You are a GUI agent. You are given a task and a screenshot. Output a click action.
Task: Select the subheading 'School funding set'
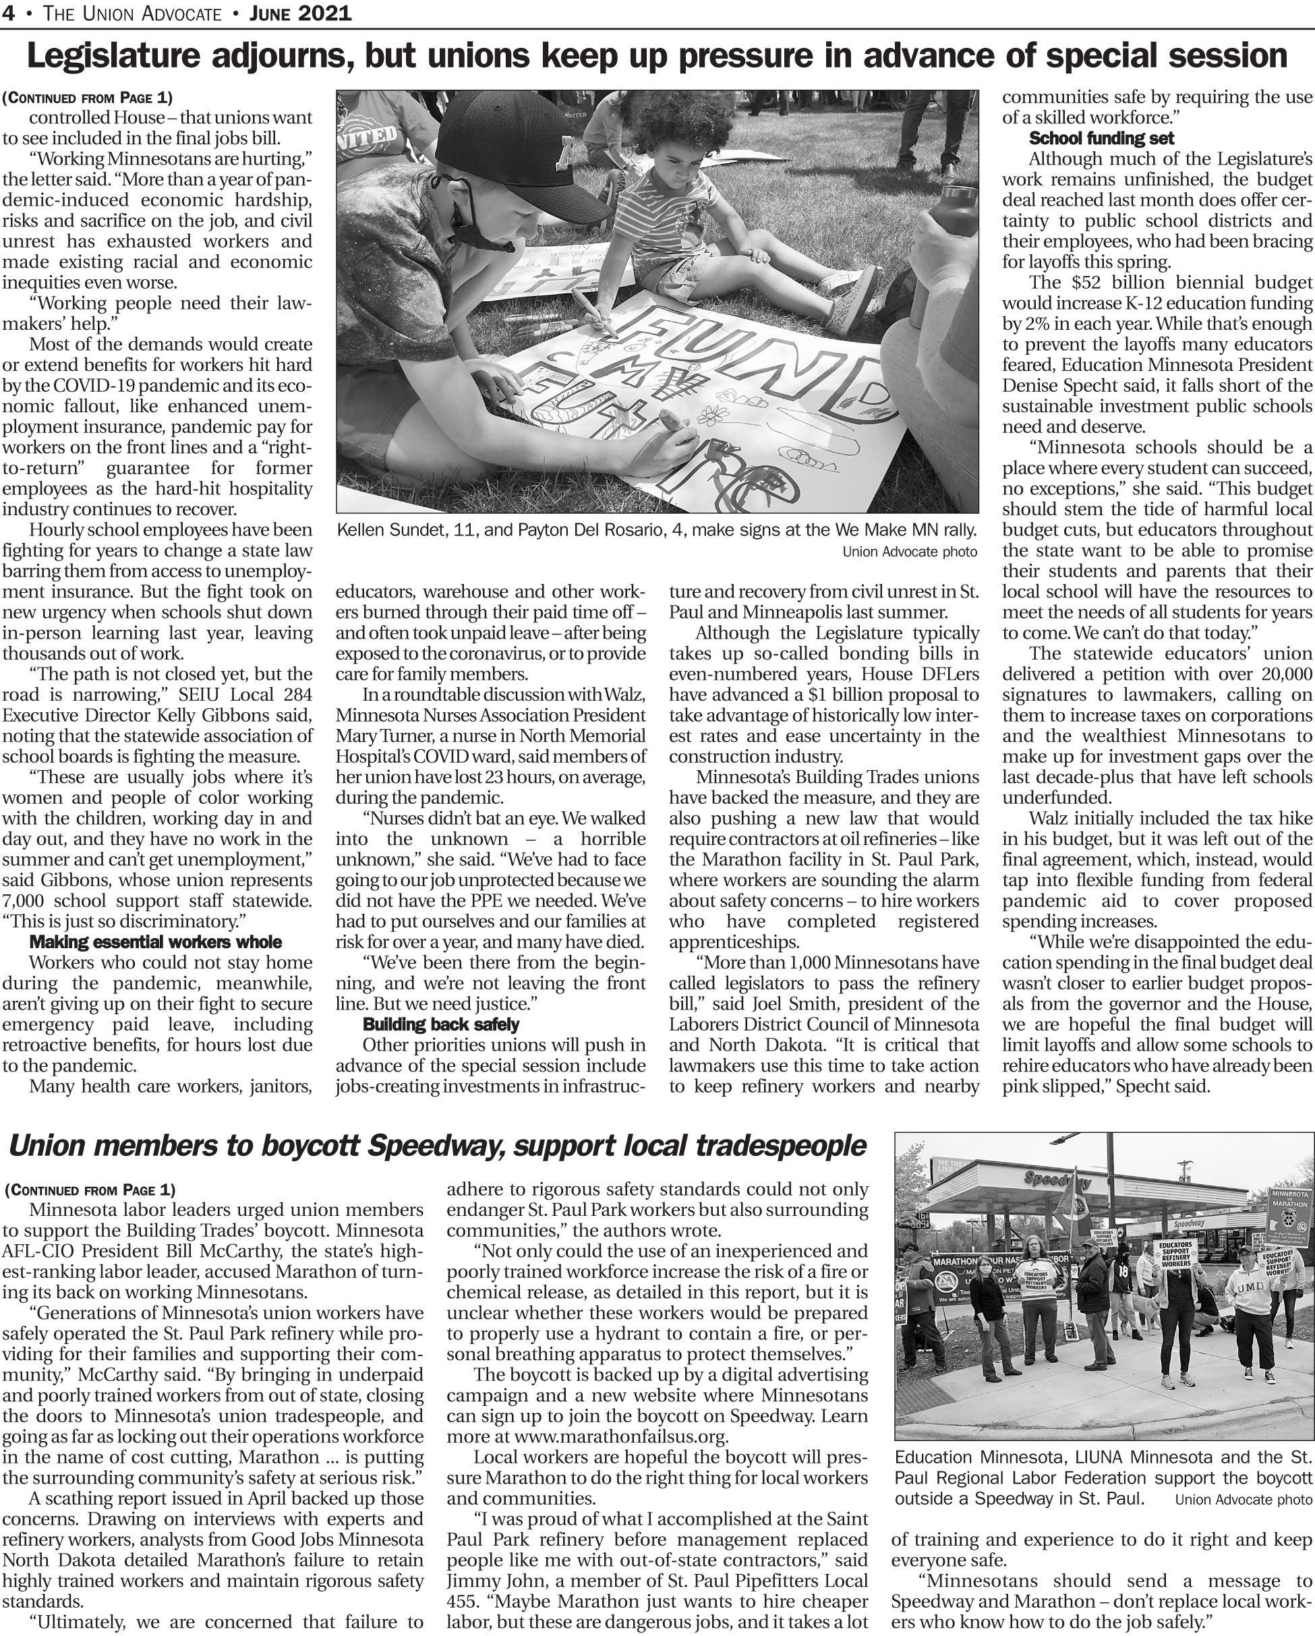(1101, 138)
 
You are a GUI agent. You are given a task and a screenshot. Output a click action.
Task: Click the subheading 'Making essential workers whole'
(156, 941)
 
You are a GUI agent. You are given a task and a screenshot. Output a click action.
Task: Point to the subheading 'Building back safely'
(441, 1024)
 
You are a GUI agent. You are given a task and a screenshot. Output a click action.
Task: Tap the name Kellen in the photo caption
(363, 529)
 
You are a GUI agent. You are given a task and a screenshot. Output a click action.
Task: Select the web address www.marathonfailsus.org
(622, 1436)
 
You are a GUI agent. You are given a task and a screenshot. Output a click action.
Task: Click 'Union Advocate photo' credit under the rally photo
(910, 552)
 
